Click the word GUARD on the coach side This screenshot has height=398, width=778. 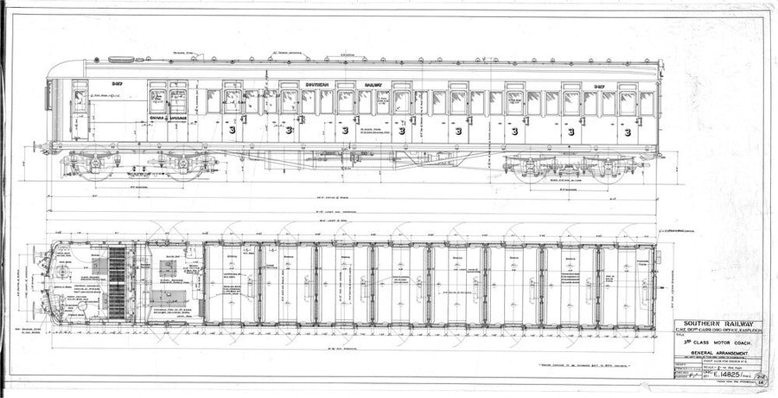pos(156,117)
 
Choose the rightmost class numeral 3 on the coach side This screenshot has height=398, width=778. pos(627,131)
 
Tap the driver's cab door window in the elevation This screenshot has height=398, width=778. pos(80,101)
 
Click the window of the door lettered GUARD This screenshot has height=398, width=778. pos(157,99)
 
